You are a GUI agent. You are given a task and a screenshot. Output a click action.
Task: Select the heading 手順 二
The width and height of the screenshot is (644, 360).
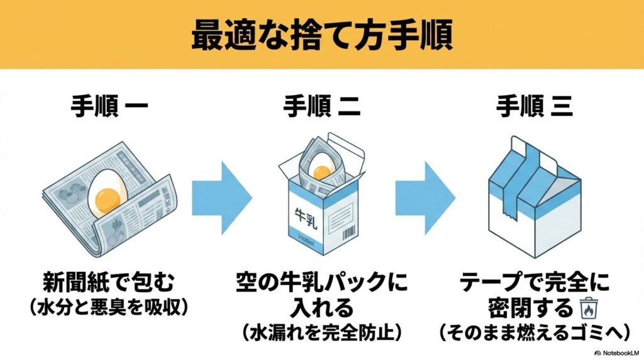(x=322, y=107)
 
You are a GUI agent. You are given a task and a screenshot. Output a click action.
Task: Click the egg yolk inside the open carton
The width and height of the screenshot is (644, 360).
(x=322, y=171)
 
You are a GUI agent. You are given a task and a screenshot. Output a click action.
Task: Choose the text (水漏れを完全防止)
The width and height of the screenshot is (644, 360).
(x=321, y=331)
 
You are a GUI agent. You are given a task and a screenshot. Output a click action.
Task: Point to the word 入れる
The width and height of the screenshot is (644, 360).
(x=321, y=308)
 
